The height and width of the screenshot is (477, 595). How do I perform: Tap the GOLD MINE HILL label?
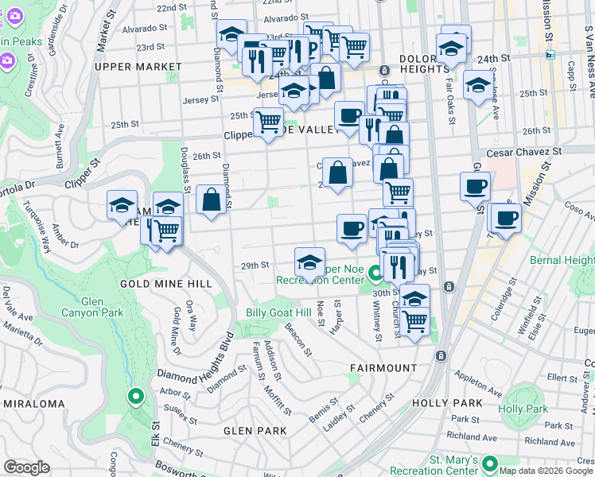pos(165,284)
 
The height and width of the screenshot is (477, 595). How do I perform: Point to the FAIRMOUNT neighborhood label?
pos(383,368)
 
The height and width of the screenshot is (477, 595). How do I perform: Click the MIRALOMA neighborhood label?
pos(33,404)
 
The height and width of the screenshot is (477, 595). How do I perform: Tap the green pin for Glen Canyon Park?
pos(136,395)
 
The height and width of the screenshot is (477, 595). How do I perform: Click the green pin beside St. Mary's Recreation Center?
pos(488,463)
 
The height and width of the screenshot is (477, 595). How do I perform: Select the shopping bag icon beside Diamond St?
pos(212,200)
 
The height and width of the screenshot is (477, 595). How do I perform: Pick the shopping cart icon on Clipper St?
pos(268,122)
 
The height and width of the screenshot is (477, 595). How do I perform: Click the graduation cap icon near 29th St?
pos(309,261)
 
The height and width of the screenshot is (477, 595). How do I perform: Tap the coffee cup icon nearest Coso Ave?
pos(506,216)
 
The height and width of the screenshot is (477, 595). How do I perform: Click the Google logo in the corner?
pos(27,467)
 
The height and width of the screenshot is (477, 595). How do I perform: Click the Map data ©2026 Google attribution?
pos(545,471)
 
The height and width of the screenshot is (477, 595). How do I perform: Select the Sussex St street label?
pos(181,412)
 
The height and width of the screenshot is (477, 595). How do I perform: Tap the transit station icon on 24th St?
pos(550,55)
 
